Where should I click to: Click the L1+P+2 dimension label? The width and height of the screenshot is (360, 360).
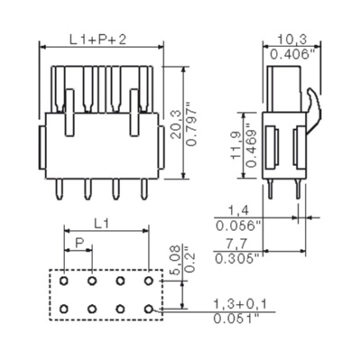coord(98,40)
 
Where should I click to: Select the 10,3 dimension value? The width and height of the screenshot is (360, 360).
coord(290,40)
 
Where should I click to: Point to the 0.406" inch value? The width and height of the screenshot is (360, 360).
coord(291,55)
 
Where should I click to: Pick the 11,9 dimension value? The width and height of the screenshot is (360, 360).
coord(236,145)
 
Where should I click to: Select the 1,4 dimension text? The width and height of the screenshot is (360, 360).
coord(238,210)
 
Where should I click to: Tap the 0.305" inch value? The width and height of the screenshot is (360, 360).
coord(237,258)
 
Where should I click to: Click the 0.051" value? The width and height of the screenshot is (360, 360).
coord(238,319)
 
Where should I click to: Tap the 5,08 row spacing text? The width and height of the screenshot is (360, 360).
coord(176,260)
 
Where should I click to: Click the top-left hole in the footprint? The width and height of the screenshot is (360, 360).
coord(64,281)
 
